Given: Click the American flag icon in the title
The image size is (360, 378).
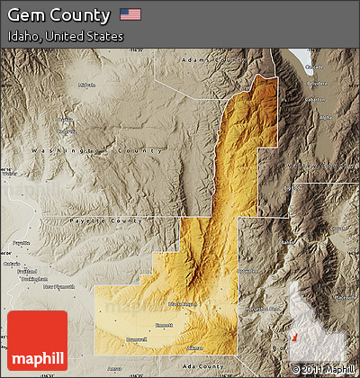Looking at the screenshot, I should point(130,14).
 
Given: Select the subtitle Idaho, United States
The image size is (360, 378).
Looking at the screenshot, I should point(65,37).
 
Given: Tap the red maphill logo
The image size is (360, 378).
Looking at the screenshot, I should point(37,341).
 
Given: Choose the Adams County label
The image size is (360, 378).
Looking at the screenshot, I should point(212,60).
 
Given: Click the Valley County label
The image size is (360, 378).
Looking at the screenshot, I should point(319,166).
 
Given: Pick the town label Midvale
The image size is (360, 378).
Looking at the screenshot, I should point(86,85).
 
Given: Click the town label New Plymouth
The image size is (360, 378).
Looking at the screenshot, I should point(63,286).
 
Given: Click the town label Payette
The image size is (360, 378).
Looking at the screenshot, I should point(21,243).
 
